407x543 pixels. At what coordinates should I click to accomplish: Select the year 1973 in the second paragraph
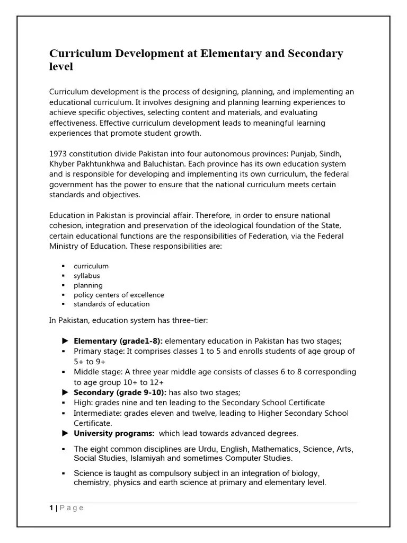click(58, 154)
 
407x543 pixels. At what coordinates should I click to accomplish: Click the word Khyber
click(61, 164)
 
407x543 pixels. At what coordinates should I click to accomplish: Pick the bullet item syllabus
click(86, 276)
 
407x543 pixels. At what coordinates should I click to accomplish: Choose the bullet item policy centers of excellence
click(119, 295)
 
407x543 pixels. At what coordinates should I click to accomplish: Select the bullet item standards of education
click(111, 304)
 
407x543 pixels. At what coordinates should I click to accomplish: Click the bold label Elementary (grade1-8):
click(118, 341)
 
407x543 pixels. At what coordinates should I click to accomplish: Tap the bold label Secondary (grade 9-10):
click(120, 392)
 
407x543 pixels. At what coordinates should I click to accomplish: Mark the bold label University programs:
click(114, 433)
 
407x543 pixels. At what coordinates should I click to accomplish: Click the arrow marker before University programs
click(65, 433)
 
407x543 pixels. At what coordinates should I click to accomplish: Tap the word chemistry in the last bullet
click(92, 483)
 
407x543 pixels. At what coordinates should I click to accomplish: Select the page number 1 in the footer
click(51, 508)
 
